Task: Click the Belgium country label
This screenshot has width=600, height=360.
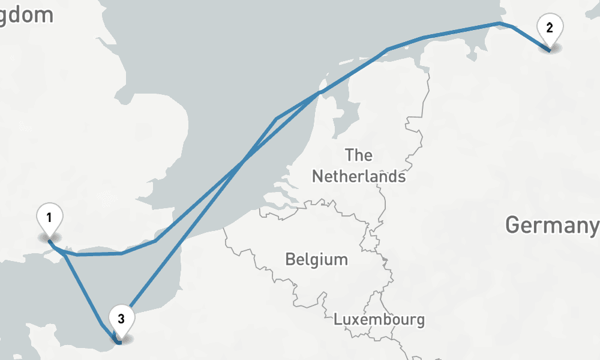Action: click(316, 259)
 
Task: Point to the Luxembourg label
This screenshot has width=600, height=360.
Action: click(379, 319)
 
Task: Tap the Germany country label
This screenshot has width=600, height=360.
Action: click(552, 225)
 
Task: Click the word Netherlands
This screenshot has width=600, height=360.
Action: click(359, 176)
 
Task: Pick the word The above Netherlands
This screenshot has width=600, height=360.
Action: click(359, 155)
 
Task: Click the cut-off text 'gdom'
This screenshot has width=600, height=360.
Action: click(27, 15)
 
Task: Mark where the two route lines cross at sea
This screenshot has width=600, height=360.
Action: click(242, 161)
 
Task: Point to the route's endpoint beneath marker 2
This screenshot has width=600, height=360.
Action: click(548, 50)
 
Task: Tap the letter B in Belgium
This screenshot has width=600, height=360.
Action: click(290, 259)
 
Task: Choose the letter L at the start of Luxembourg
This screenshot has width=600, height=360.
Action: click(337, 319)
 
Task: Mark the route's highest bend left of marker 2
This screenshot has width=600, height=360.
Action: click(499, 23)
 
